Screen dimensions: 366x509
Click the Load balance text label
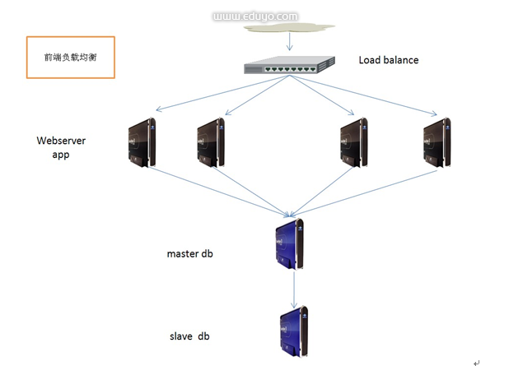pos(388,60)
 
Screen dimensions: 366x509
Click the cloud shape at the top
pos(287,28)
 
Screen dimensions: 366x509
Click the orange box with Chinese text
pos(70,58)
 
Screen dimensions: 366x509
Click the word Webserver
pos(61,141)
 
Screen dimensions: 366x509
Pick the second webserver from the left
pos(210,141)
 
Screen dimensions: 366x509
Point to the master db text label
pos(189,254)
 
